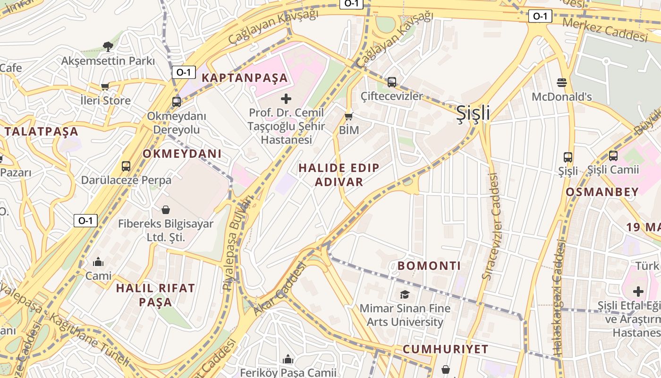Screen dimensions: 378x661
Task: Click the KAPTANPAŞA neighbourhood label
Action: tap(245, 78)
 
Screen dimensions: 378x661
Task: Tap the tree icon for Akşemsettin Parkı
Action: tap(108, 46)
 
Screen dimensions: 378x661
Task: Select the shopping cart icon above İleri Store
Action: tap(105, 86)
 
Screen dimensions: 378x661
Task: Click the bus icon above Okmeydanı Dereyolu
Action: tap(177, 102)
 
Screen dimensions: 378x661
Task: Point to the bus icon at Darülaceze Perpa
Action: tap(126, 166)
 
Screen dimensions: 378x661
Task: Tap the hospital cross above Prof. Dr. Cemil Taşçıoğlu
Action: tap(286, 99)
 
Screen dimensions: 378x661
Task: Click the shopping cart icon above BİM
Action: tap(349, 116)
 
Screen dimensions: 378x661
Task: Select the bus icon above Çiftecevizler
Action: tap(391, 82)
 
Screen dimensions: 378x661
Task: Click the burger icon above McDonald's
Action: tap(561, 83)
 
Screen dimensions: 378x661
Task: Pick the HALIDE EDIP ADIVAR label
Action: tap(339, 175)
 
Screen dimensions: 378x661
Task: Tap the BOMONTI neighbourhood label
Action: tap(429, 266)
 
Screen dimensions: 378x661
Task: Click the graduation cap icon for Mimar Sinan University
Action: tap(405, 295)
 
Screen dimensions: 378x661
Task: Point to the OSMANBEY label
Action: tap(602, 192)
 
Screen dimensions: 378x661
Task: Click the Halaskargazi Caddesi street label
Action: tap(559, 298)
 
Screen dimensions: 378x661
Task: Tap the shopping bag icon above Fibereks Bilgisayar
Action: tap(166, 209)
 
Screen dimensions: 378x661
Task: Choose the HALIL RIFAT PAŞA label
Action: tap(155, 295)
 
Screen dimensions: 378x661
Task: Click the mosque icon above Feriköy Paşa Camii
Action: tap(288, 360)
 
